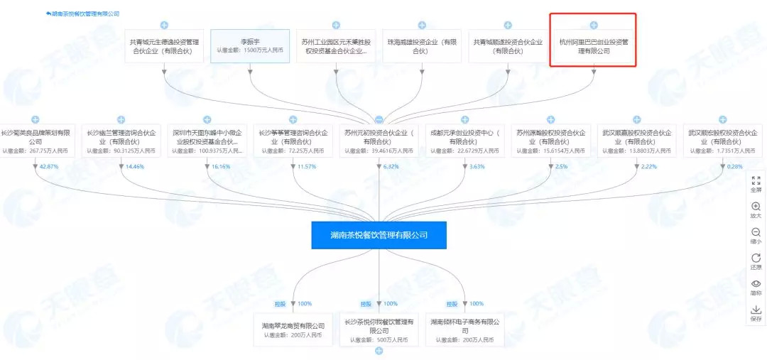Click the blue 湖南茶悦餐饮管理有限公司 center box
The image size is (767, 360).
point(379,234)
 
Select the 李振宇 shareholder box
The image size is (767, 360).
point(250,45)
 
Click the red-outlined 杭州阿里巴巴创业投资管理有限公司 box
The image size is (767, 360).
point(594,46)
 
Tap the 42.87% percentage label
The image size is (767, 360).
point(49,166)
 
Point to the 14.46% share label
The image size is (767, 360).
point(135,166)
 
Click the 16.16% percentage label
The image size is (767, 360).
point(222,166)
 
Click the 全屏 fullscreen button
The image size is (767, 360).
point(756,185)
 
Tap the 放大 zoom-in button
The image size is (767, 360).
point(756,210)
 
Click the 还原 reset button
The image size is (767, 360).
point(756,261)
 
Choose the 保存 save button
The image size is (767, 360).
point(756,313)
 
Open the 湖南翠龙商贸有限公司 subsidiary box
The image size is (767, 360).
point(293,329)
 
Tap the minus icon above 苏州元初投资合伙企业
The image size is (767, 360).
point(379,119)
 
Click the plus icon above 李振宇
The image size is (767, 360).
point(250,25)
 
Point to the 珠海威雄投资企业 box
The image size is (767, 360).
point(422,46)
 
